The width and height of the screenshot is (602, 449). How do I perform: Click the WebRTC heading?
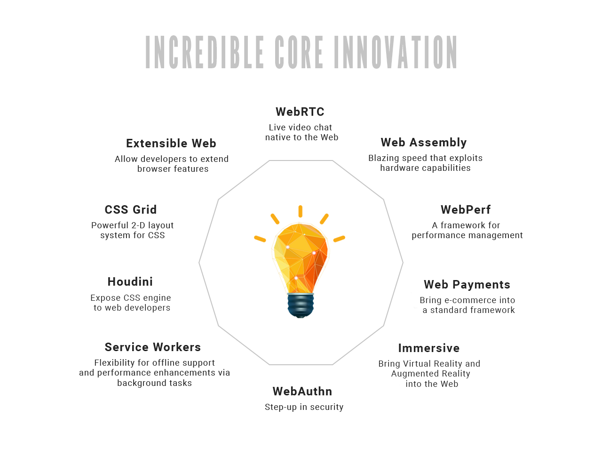[300, 112]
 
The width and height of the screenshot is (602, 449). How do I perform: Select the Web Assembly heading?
[423, 143]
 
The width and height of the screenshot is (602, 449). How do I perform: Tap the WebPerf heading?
[466, 210]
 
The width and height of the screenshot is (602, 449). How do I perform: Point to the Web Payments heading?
[467, 285]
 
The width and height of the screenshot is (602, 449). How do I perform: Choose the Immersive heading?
[428, 348]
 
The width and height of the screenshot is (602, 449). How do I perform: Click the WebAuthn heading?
[302, 392]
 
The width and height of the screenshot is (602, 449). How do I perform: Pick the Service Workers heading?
[153, 347]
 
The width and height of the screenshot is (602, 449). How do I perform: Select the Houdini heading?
[130, 281]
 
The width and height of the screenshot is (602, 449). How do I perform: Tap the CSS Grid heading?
[131, 210]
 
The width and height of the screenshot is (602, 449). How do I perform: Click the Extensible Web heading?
[171, 143]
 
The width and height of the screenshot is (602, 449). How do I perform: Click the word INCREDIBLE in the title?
[204, 52]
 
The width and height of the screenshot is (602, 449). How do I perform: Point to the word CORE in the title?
[299, 52]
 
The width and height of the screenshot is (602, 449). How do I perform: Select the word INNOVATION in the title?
[396, 52]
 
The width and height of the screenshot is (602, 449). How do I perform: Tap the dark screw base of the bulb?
[301, 305]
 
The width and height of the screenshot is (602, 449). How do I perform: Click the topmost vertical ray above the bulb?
[301, 211]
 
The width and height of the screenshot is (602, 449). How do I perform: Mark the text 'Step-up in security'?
[304, 407]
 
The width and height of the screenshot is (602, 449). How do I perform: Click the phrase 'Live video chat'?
[301, 128]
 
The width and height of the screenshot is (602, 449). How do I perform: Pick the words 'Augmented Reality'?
[431, 374]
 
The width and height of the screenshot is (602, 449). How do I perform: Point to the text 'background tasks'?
[154, 383]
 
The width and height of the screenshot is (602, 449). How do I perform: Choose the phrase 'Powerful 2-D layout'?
[133, 225]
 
